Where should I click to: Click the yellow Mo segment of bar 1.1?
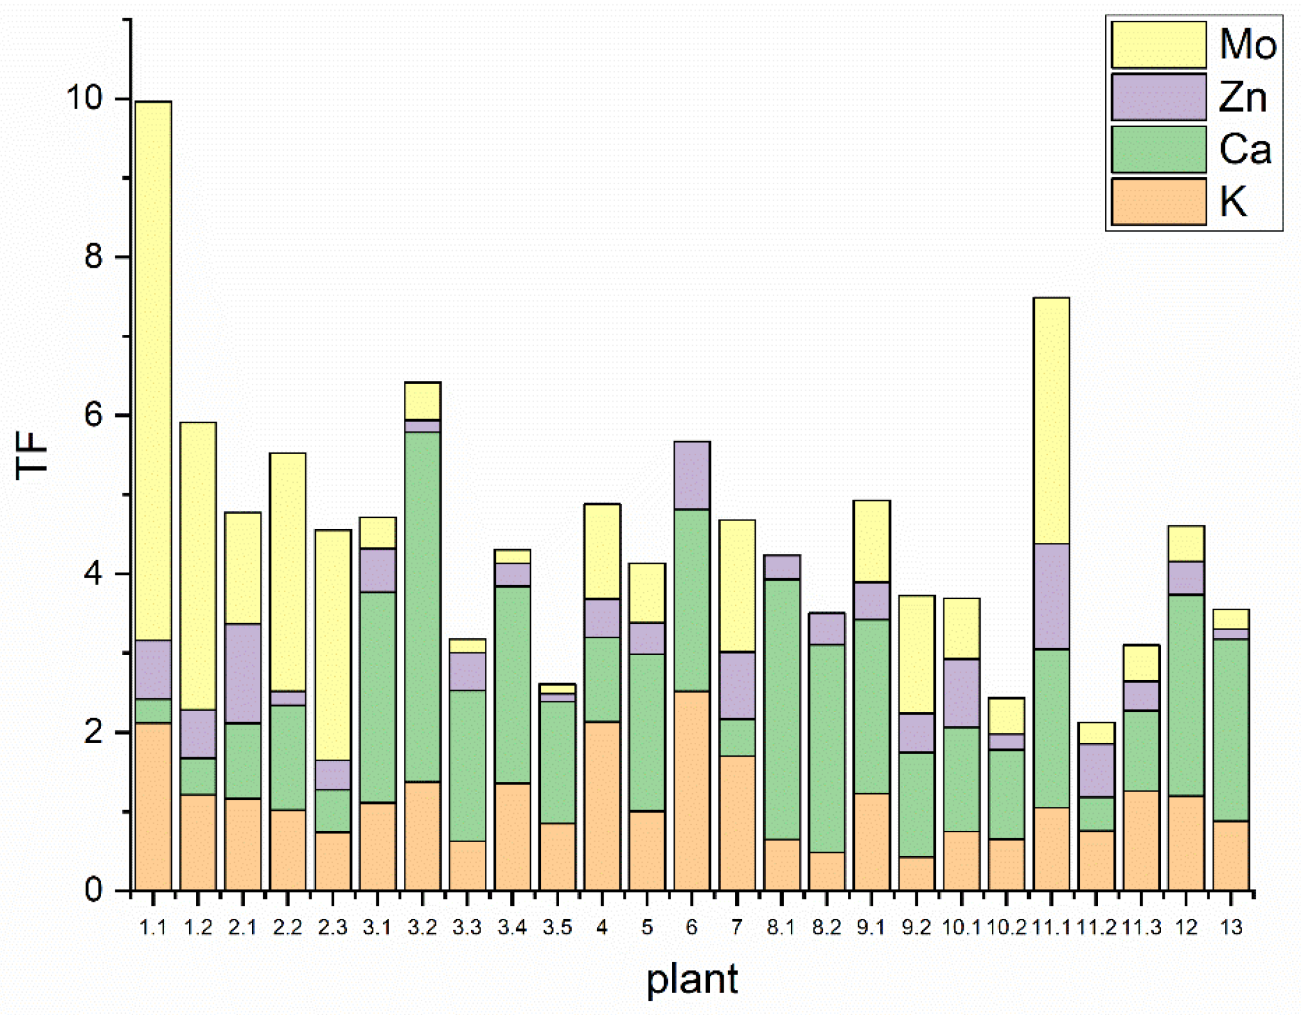coord(153,371)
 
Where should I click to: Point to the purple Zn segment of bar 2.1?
coord(243,673)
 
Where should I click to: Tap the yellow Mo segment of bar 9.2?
coord(917,654)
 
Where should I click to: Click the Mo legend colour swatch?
coord(1158,45)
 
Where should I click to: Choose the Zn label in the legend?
coord(1242,98)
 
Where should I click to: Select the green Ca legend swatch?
coord(1158,150)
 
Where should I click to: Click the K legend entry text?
coord(1233,202)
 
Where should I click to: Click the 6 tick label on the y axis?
coord(93,415)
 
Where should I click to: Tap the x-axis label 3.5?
coord(557,927)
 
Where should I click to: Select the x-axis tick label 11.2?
coord(1096,927)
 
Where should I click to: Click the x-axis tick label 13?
coord(1231,927)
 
